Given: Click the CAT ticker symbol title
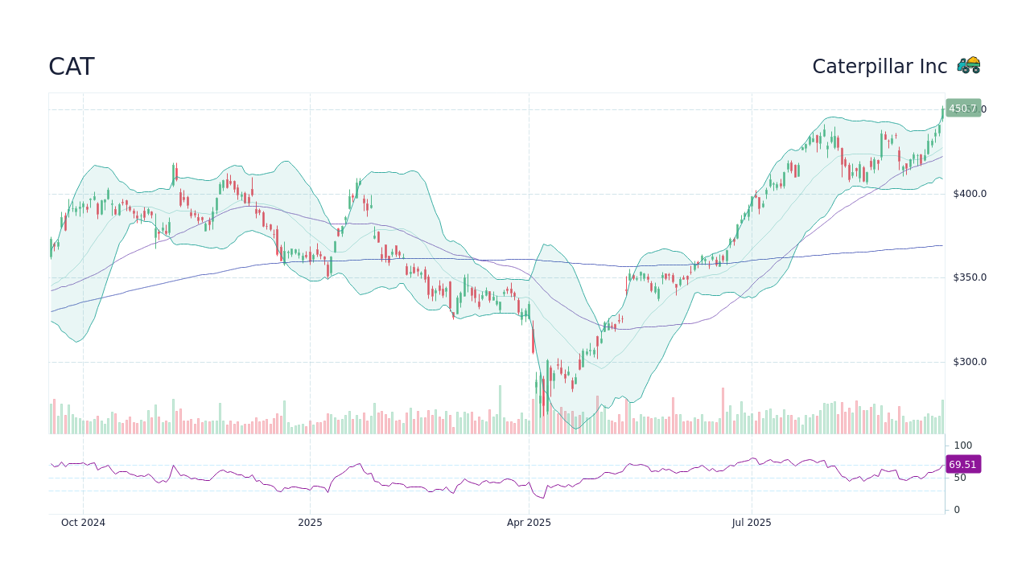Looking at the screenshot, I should tap(71, 67).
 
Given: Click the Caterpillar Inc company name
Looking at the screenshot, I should tap(879, 67).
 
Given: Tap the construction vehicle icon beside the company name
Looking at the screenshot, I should tap(968, 65).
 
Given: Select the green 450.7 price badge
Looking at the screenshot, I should tap(962, 109).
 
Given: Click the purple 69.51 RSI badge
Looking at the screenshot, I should tap(962, 465).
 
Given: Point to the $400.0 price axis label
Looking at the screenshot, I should tap(969, 194).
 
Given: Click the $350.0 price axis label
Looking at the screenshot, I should tap(969, 277).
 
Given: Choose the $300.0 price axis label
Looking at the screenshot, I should tap(969, 362).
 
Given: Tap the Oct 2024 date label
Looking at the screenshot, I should tap(83, 523).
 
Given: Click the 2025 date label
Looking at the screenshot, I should tap(310, 523).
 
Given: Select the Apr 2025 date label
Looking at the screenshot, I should tap(529, 523).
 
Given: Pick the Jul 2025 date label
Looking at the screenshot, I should tap(752, 523).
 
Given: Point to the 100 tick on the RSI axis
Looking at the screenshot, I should tap(962, 446).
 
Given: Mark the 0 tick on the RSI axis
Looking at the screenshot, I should tap(956, 510).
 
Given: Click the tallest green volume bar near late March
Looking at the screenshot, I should tap(500, 410).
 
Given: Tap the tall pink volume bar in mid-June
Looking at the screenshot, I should tap(723, 411).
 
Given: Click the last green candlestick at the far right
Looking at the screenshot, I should tap(942, 115).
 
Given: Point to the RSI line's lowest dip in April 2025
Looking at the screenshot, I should tap(545, 498).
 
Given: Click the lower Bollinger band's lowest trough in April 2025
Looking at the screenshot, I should tap(575, 428).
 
